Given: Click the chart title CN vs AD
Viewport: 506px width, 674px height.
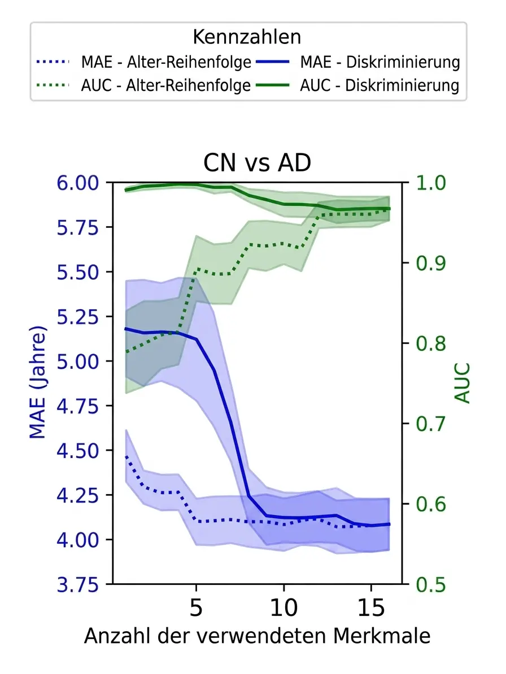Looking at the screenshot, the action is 257,163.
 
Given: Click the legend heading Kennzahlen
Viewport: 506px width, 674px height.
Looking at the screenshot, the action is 247,37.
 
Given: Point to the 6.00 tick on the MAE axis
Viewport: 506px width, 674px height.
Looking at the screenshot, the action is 78,183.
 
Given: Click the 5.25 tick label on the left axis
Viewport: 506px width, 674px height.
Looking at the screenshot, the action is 78,317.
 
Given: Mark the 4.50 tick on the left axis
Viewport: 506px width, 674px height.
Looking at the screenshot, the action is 78,451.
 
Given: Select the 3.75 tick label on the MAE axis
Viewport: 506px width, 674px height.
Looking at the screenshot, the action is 78,584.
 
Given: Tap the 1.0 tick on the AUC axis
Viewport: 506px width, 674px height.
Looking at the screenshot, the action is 431,183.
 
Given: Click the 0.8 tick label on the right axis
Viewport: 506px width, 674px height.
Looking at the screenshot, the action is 431,343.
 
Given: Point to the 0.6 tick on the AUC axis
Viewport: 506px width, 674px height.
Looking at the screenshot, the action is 431,504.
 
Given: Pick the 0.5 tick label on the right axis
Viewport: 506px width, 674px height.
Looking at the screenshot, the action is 431,584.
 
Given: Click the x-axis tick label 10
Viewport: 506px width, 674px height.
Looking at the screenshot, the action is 283,607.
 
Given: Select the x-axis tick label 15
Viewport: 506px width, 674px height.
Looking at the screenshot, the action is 371,607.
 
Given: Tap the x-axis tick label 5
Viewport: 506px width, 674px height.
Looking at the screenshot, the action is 196,607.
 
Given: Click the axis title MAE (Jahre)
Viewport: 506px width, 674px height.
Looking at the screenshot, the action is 37,382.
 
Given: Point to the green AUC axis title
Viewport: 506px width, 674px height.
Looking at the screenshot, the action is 463,384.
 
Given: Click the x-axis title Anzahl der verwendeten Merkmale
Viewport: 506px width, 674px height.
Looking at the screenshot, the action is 258,636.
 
